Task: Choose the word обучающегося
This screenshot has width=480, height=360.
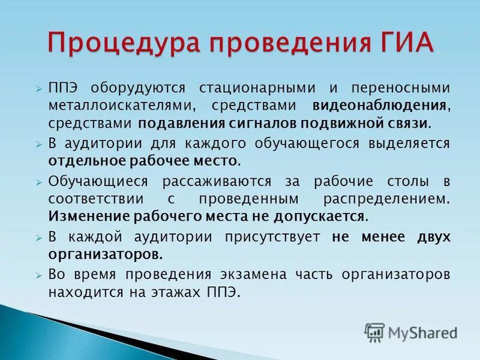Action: [296, 144]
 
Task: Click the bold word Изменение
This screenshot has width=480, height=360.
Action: [88, 216]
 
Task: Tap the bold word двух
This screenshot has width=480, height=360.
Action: [433, 236]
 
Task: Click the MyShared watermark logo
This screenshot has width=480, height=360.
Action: [411, 332]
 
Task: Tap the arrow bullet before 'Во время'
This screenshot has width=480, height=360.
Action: [38, 275]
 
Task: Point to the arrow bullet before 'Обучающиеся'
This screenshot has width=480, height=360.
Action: [38, 182]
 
